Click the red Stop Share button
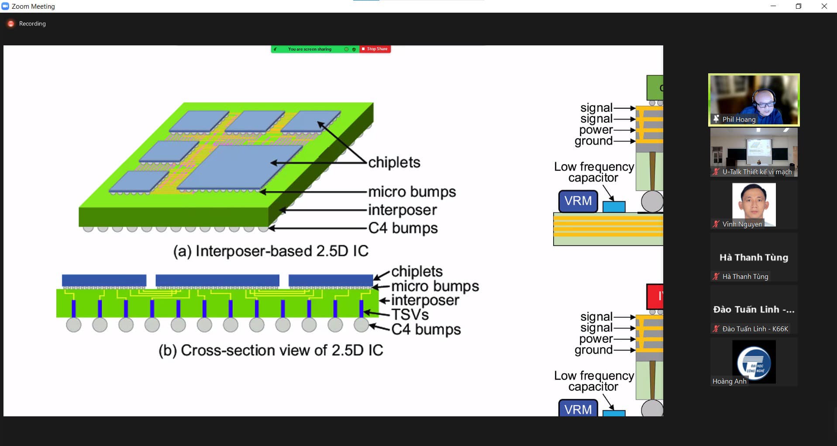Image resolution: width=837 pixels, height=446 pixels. pos(375,49)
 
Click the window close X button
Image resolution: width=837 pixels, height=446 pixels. pos(824,6)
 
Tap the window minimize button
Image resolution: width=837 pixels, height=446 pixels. pos(773,6)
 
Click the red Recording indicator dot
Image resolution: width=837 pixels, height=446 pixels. pos(11,24)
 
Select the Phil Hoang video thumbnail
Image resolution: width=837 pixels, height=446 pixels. pos(754,99)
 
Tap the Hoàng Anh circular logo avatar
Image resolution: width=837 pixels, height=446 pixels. pos(754,362)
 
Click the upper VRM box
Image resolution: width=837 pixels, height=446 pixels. pos(578,201)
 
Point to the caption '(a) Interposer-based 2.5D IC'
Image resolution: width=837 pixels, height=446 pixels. pos(271,251)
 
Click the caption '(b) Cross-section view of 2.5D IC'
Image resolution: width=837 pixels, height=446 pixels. pos(271,350)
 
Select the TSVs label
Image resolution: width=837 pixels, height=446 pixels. pos(410,315)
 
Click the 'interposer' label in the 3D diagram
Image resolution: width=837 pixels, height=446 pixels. pos(402,210)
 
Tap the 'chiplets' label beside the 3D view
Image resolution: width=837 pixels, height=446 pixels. pos(394,162)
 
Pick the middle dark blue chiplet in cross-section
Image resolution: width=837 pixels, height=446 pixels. pos(217,280)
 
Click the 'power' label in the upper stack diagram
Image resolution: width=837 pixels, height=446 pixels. pos(596,130)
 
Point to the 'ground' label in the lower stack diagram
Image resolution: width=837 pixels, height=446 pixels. pos(593,350)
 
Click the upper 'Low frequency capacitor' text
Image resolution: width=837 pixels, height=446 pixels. pos(594,172)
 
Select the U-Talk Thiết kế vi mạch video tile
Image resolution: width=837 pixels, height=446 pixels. pos(754,152)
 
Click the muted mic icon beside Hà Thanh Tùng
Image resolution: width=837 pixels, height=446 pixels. pos(716,276)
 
